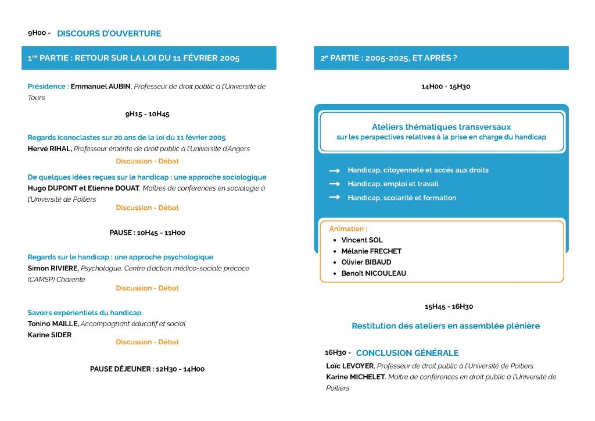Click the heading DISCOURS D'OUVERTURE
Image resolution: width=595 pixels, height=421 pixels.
click(x=109, y=33)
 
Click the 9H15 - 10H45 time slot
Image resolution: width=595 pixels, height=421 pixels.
click(x=147, y=114)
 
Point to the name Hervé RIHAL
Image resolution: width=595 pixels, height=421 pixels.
click(x=49, y=149)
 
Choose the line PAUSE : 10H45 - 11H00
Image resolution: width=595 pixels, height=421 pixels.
click(x=147, y=233)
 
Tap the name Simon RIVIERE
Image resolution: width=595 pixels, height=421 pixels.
click(x=53, y=269)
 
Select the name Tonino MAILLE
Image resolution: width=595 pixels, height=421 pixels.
click(x=53, y=324)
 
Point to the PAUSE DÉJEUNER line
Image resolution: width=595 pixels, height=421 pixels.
click(x=147, y=369)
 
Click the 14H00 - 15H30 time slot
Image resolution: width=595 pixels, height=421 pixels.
click(x=446, y=87)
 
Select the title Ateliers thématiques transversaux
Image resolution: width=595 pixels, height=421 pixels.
click(x=441, y=127)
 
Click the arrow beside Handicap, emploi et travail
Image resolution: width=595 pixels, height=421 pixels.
click(x=334, y=184)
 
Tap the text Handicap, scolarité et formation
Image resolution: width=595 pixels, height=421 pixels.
click(x=402, y=198)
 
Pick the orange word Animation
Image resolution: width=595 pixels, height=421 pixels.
click(x=347, y=229)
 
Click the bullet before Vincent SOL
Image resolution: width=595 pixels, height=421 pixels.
click(x=334, y=240)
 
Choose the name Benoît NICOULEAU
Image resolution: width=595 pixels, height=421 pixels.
click(x=374, y=273)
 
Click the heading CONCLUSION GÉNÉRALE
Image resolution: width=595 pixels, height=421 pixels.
click(x=407, y=353)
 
